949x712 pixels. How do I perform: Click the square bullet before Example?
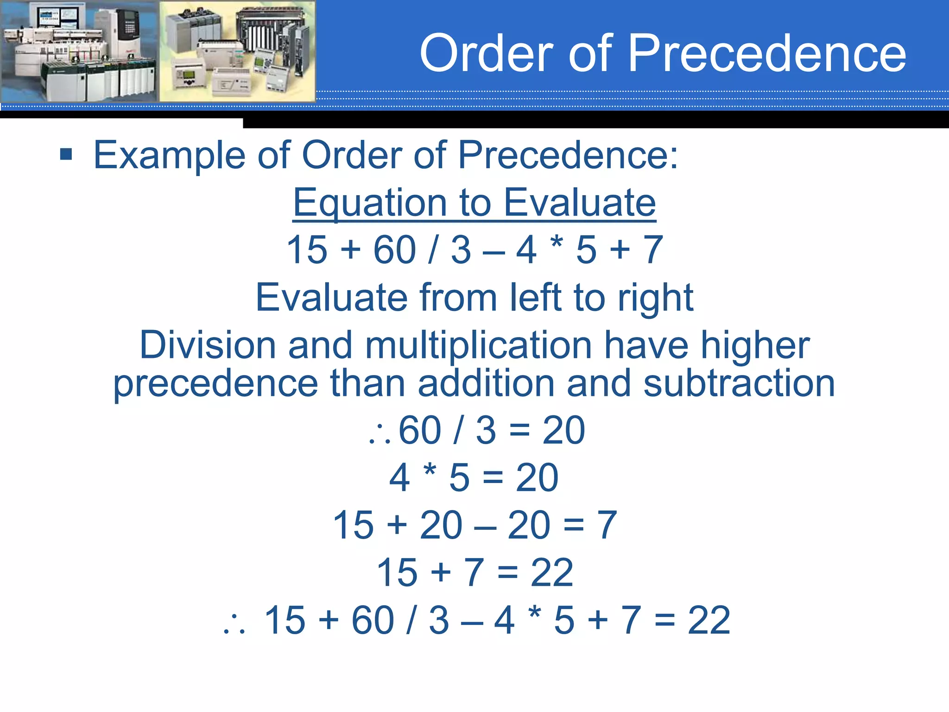(x=66, y=154)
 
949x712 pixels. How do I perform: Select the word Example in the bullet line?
(x=169, y=156)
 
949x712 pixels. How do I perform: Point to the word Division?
(x=208, y=345)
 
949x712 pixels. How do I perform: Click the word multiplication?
(x=478, y=345)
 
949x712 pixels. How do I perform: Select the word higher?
(x=755, y=345)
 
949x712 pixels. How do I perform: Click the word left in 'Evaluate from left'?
(x=536, y=298)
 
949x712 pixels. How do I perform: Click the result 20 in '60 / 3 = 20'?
(x=563, y=430)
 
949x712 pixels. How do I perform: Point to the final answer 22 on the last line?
(x=709, y=620)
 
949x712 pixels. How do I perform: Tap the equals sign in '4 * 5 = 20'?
(x=493, y=478)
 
